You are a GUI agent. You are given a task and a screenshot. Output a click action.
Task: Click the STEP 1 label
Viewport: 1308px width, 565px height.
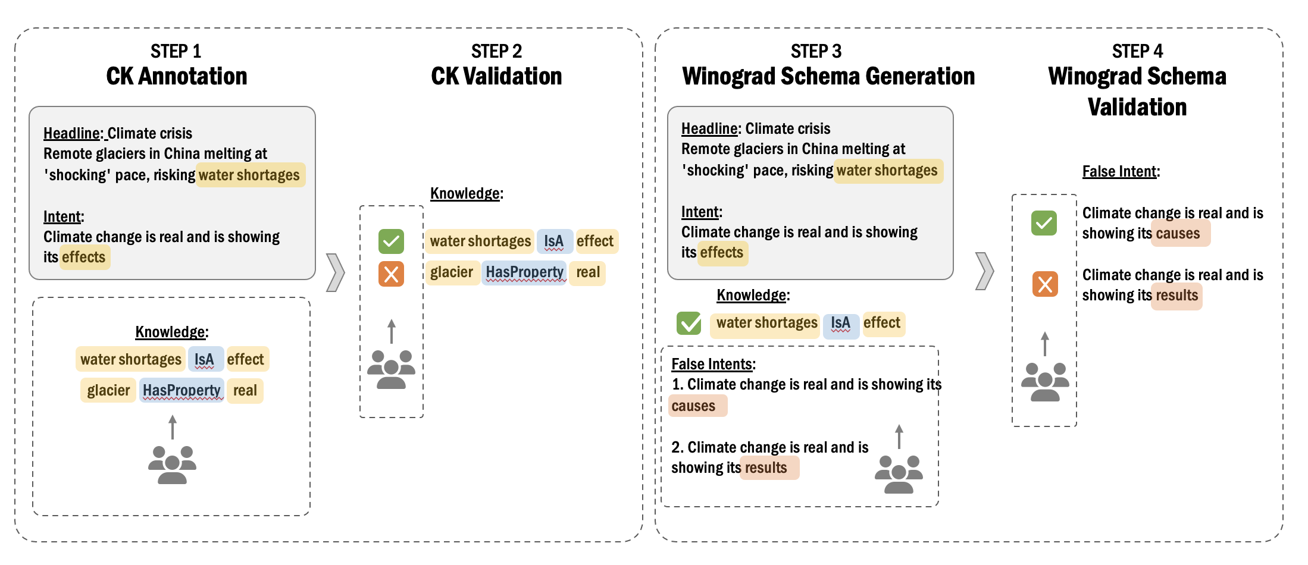176,51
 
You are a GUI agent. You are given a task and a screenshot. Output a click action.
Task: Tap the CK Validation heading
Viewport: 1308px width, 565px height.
496,76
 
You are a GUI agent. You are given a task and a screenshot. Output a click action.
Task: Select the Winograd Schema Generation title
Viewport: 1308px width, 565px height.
828,76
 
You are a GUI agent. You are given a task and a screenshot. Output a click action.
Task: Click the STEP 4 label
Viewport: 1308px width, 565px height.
1137,51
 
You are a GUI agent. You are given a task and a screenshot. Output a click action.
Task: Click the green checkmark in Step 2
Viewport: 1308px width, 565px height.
391,241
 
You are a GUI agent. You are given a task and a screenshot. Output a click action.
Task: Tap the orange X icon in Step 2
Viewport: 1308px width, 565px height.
391,274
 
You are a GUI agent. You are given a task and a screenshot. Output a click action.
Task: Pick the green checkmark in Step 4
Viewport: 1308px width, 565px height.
1044,223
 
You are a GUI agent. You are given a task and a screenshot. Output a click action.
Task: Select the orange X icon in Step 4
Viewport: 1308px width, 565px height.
1045,284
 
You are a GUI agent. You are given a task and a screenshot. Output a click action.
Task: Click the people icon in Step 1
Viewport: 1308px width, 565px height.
172,464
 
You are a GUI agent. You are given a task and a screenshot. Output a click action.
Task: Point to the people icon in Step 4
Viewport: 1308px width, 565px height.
1045,382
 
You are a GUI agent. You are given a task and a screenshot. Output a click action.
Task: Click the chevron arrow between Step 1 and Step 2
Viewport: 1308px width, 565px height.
336,272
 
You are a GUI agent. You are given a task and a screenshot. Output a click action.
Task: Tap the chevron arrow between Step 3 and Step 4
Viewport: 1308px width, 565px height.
985,271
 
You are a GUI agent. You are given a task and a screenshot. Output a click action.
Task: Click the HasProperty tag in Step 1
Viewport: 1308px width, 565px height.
182,390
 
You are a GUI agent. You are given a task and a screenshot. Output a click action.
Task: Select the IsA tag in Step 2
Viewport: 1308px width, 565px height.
554,241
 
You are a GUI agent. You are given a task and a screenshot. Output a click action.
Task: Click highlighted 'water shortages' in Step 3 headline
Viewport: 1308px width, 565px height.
887,171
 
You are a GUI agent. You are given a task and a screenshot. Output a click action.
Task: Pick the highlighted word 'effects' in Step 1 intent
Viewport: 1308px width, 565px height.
84,257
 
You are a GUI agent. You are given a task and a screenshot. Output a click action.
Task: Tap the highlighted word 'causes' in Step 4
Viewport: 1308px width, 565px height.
1179,233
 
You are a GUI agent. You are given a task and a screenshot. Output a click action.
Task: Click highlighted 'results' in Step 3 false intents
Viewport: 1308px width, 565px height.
768,467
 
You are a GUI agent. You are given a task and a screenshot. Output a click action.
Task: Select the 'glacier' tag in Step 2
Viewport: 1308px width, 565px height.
452,272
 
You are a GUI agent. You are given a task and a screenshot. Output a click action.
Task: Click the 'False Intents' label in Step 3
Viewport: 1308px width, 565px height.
712,364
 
